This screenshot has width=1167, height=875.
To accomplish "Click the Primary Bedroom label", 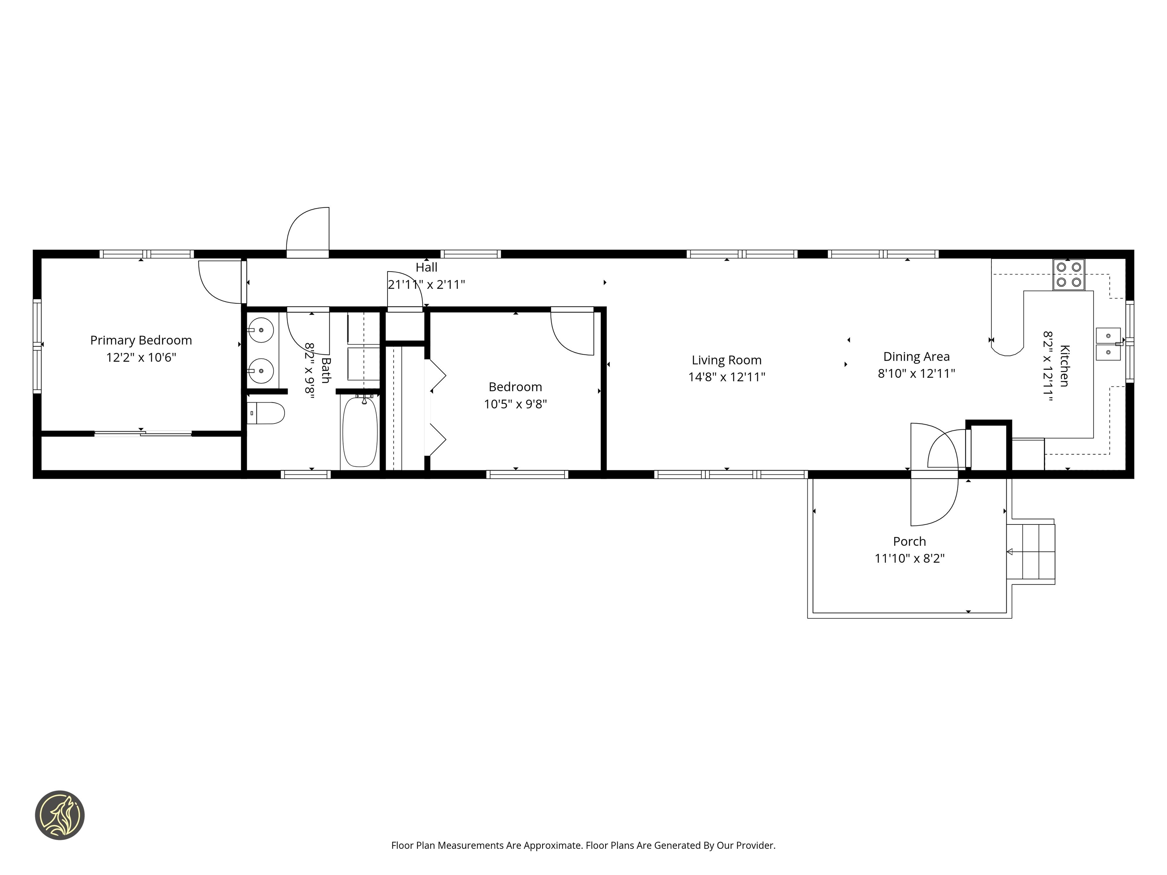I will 141,340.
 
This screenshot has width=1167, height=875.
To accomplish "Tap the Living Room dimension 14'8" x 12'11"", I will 726,377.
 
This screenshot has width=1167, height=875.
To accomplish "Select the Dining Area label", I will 916,357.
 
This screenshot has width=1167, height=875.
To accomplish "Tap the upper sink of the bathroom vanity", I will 261,331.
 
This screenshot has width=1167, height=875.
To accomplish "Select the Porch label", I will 909,541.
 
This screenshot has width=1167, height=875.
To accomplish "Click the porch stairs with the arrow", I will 1031,552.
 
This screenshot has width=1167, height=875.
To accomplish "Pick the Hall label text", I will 426,267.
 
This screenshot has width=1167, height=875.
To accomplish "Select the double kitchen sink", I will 1108,344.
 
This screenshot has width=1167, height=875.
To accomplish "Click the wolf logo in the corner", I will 60,815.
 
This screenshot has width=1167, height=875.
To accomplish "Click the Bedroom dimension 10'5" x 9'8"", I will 516,404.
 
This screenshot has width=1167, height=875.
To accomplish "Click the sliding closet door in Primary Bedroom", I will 142,434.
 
